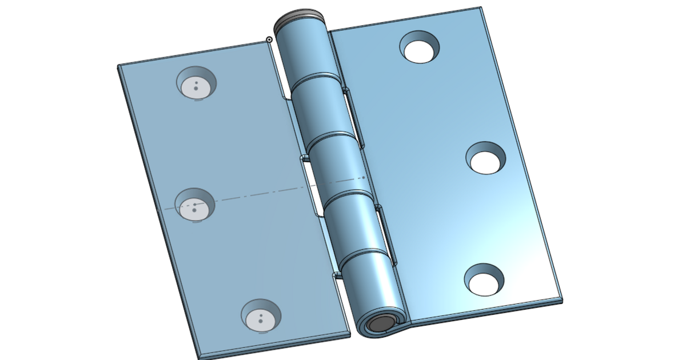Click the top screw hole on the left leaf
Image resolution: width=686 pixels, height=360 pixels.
196,84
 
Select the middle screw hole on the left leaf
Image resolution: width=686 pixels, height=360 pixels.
194,206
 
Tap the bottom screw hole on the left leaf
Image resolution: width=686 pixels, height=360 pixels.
261,316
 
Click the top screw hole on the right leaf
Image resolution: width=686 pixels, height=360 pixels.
421,48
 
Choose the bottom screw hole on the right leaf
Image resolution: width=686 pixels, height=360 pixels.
484,281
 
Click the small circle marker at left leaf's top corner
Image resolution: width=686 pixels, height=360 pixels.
269,39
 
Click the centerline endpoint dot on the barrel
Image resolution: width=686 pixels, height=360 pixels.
364,177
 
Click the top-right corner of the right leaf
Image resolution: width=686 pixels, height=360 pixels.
481,8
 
